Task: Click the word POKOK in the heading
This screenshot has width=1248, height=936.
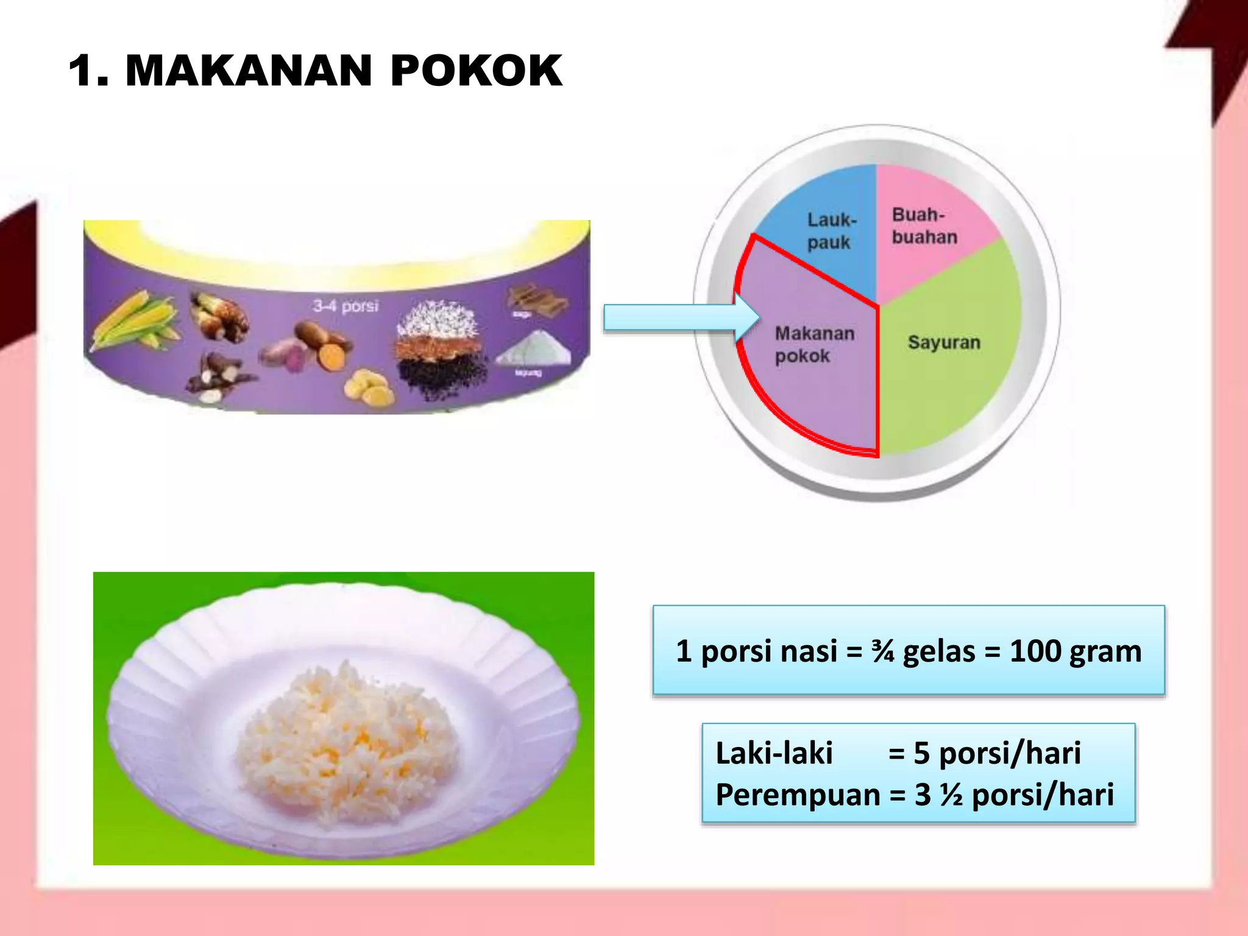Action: [x=476, y=71]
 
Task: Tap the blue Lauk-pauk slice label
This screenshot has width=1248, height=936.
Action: [x=831, y=231]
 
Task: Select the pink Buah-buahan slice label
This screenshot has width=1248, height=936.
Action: [x=924, y=226]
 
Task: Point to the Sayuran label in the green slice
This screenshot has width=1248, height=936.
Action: [x=944, y=342]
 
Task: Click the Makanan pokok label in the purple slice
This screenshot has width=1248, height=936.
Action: [x=814, y=344]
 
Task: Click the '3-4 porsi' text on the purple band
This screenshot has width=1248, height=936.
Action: [x=346, y=306]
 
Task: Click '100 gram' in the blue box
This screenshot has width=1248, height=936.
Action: [x=1076, y=651]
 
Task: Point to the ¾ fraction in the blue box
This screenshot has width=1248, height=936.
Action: [x=882, y=651]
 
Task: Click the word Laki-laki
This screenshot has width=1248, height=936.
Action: [x=774, y=753]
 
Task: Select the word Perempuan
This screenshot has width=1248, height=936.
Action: [x=798, y=795]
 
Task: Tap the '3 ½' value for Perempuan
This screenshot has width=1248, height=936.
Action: [x=938, y=795]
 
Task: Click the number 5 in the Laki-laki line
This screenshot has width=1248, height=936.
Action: [x=921, y=753]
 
